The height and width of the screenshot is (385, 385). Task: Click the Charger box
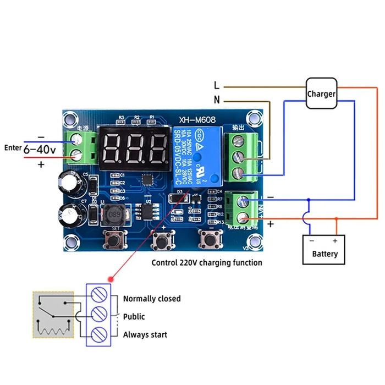click(321, 94)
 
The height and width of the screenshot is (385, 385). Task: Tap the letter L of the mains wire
click(217, 85)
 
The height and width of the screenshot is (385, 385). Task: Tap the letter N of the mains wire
click(217, 101)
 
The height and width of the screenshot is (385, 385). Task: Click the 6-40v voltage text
click(40, 148)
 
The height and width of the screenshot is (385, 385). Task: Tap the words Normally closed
click(151, 299)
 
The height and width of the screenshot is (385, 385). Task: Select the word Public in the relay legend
click(134, 317)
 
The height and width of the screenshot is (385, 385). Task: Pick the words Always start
click(145, 334)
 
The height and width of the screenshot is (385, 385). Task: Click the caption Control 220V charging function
click(207, 263)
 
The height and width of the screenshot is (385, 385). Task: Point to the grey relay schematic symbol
click(53, 315)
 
